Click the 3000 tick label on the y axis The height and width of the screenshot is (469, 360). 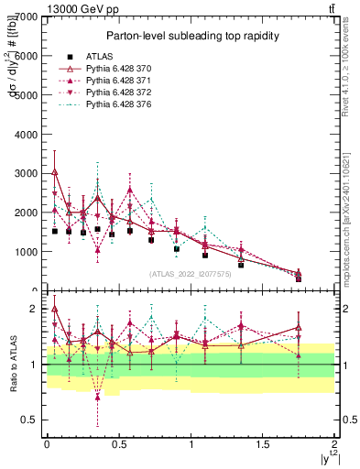coord(26,173)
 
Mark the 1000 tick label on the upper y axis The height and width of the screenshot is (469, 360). coord(26,252)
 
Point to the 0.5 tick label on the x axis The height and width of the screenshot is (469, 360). coord(118,443)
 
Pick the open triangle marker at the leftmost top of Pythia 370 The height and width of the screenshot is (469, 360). coord(55,171)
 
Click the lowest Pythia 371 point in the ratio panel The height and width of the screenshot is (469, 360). coord(97,397)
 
